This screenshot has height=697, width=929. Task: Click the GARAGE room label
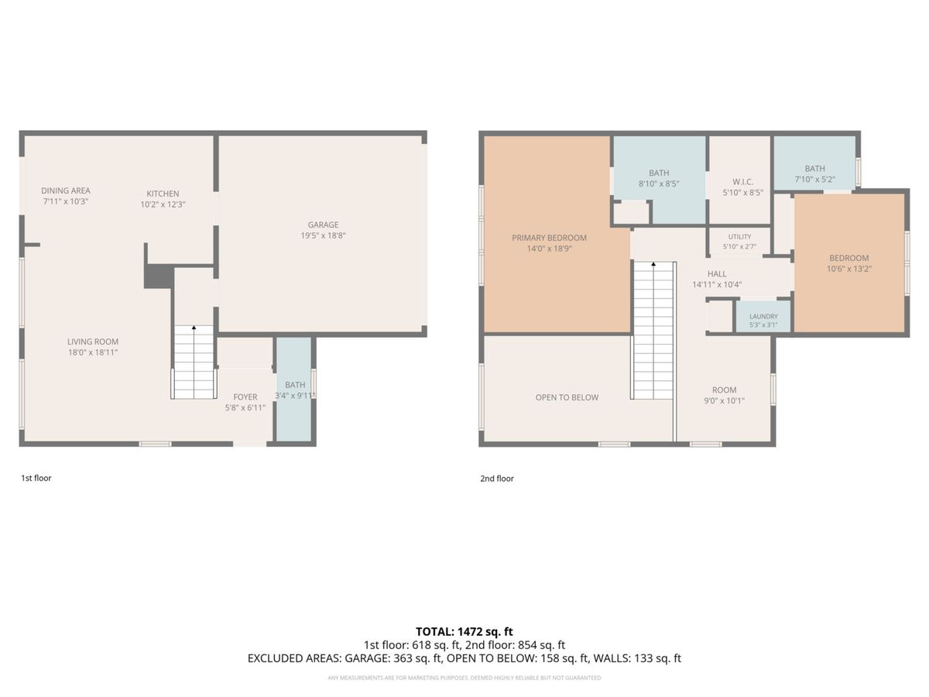click(323, 225)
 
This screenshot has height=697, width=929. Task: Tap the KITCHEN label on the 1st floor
click(163, 194)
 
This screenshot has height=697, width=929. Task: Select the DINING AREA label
click(66, 191)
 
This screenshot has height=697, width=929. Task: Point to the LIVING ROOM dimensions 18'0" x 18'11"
click(93, 352)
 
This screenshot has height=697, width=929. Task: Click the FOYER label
click(245, 397)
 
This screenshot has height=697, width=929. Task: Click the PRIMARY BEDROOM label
click(550, 238)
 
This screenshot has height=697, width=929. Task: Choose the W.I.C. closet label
click(742, 182)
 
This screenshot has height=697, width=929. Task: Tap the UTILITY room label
click(740, 237)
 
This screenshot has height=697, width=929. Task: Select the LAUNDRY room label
click(763, 317)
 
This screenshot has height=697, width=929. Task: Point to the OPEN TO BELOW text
click(567, 397)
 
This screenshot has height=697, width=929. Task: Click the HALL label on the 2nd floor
click(717, 274)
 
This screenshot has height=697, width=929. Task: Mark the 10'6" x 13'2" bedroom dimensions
click(849, 269)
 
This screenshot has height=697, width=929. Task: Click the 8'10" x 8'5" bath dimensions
click(659, 184)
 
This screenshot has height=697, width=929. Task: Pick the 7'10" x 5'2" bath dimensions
click(814, 180)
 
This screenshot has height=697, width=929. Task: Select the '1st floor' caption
click(36, 478)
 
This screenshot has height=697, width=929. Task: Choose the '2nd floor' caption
click(497, 479)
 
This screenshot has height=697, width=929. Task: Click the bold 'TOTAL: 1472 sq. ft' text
click(464, 632)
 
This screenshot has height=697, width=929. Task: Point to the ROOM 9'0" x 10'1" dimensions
click(724, 400)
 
